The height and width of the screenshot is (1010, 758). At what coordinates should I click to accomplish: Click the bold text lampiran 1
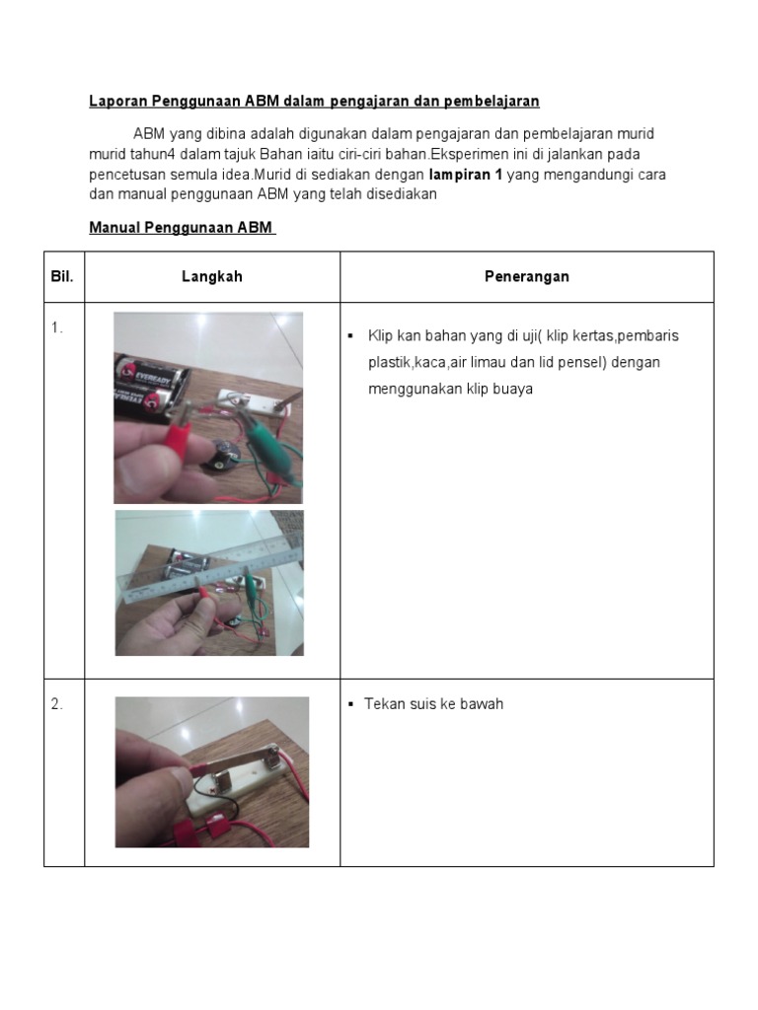(x=465, y=175)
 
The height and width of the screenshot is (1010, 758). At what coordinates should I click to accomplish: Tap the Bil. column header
(x=62, y=277)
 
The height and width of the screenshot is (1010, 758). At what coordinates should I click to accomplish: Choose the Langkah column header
(x=211, y=277)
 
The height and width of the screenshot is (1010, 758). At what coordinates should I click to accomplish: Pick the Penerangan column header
(x=526, y=277)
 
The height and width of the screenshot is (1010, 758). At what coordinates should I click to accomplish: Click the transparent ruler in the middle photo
(x=207, y=572)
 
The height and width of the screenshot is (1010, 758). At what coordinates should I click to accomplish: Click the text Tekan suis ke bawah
(x=433, y=704)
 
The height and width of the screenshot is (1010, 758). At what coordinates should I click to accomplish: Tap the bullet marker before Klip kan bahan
(x=350, y=336)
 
